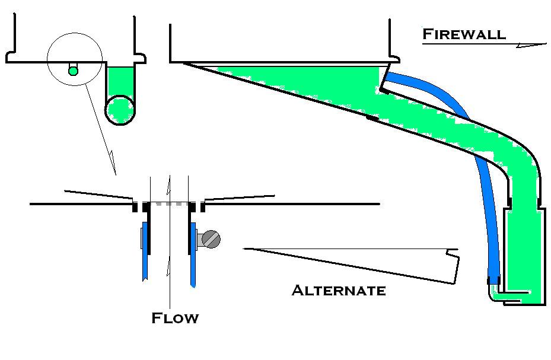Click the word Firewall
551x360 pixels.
[464, 34]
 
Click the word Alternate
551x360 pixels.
[339, 291]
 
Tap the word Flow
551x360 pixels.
[175, 318]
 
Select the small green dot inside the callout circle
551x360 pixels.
[73, 71]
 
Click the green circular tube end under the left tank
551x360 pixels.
[120, 109]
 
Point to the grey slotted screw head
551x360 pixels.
[211, 239]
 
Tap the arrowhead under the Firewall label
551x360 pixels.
[531, 44]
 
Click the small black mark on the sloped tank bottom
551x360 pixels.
[372, 119]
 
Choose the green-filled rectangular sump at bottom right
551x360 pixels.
[524, 255]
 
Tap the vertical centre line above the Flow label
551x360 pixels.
[170, 285]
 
